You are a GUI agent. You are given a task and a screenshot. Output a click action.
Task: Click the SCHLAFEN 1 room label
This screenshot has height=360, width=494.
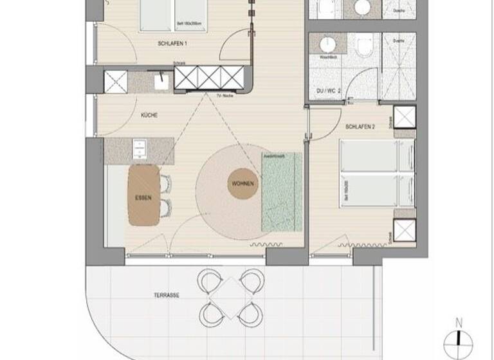(172, 44)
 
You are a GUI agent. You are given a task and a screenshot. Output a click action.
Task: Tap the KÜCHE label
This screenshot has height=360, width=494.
(149, 116)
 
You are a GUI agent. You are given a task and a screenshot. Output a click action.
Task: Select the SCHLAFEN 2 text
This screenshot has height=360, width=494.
(360, 127)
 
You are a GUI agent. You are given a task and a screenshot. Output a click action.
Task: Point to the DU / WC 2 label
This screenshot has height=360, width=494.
(328, 92)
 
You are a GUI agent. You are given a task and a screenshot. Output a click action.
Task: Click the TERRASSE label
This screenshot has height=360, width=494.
(166, 296)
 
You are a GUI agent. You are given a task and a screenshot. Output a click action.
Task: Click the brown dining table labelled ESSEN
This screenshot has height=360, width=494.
(143, 196)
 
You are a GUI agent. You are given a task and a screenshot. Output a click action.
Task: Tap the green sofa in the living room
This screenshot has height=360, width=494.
(282, 192)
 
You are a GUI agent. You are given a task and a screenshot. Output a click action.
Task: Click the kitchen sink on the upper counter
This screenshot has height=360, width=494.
(161, 80)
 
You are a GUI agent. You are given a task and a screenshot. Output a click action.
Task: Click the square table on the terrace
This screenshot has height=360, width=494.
(232, 296)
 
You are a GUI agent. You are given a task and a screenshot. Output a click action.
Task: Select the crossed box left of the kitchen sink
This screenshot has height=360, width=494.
(115, 81)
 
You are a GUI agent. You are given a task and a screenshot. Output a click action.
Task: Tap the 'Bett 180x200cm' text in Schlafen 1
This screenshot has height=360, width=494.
(188, 24)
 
